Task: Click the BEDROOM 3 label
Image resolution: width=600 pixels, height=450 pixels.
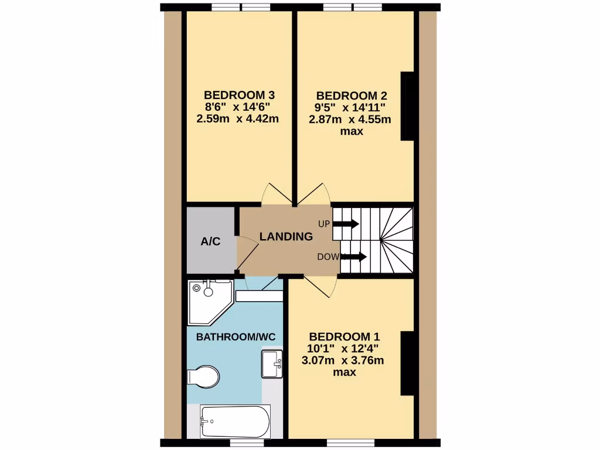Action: [x=239, y=95]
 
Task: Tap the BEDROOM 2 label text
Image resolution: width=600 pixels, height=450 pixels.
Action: [x=352, y=96]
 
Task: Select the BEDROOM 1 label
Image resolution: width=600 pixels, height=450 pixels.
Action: [x=345, y=336]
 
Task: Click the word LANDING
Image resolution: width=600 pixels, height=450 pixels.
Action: [x=286, y=237]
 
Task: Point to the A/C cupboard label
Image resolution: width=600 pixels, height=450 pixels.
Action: [x=210, y=241]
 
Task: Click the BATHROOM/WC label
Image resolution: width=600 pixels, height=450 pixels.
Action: [x=236, y=337]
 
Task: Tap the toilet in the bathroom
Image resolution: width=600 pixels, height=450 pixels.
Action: [x=203, y=376]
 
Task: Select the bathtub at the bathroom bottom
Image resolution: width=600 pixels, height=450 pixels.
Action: [x=235, y=420]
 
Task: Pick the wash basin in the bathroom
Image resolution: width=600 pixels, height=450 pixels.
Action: [x=272, y=363]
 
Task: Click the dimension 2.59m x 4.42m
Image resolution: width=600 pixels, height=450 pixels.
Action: [x=238, y=119]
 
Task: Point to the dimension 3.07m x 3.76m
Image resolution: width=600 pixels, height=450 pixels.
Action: [x=343, y=360]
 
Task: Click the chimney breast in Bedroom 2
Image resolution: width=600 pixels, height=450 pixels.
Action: [x=407, y=107]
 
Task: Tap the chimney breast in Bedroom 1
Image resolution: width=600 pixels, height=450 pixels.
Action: [x=407, y=363]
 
